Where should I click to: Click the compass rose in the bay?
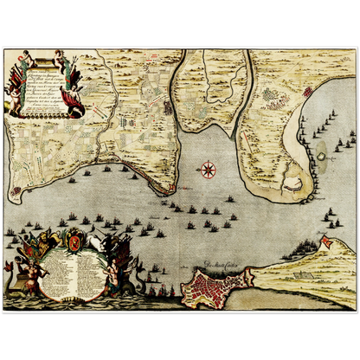pos(208,169)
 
